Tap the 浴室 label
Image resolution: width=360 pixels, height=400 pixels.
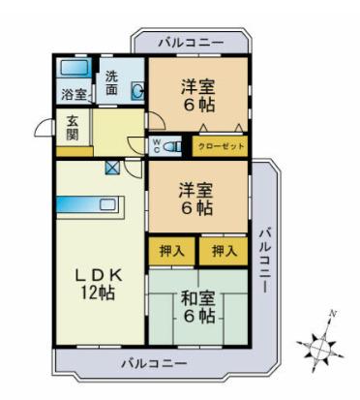74,94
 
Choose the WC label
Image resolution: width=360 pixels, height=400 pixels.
155,147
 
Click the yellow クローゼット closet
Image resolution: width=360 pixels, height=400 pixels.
221,147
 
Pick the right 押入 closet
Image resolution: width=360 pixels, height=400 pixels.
222,250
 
